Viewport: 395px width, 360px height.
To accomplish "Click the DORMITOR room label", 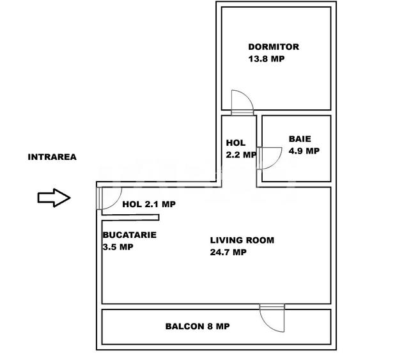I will pyautogui.click(x=274, y=47).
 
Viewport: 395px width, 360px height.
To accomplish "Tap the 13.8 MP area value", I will pyautogui.click(x=267, y=58).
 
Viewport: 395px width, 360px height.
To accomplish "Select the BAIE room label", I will pyautogui.click(x=300, y=139).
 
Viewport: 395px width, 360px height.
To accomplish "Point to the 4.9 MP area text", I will pyautogui.click(x=304, y=151).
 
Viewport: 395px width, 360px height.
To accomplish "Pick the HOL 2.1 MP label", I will pyautogui.click(x=148, y=205).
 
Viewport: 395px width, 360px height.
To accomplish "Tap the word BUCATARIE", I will pyautogui.click(x=129, y=235).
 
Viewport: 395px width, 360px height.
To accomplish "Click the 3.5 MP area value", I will pyautogui.click(x=118, y=247).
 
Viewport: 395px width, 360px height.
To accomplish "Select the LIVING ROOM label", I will pyautogui.click(x=242, y=240).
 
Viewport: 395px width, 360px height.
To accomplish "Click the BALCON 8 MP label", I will pyautogui.click(x=197, y=326).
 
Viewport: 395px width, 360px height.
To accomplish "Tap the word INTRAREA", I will pyautogui.click(x=52, y=157).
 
